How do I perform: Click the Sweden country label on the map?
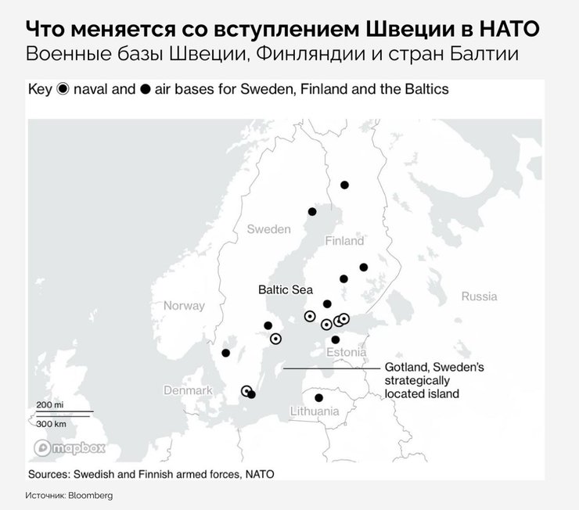click(268, 229)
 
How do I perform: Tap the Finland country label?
click(344, 241)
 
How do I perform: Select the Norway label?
click(184, 306)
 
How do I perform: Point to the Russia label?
click(479, 296)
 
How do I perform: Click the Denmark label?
click(188, 390)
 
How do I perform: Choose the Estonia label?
click(347, 353)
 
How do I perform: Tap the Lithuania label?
click(313, 411)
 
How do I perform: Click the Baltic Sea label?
click(286, 289)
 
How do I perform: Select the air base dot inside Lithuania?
click(318, 398)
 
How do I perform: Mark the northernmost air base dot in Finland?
click(344, 185)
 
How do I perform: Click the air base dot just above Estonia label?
click(336, 339)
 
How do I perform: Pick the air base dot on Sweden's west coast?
click(226, 353)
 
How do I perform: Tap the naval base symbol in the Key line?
click(64, 89)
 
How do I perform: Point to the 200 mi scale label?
click(49, 404)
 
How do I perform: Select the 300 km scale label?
click(51, 422)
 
